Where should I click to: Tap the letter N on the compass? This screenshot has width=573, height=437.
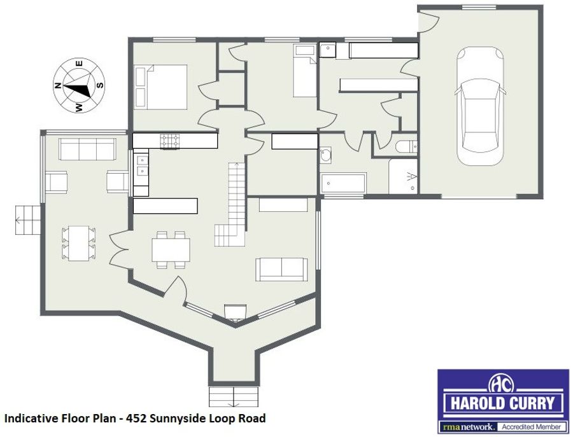point(57,86)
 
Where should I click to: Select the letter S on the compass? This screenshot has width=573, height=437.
point(100,85)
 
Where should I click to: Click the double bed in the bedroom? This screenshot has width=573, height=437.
point(161,87)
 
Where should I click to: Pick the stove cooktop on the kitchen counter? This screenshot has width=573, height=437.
point(170,141)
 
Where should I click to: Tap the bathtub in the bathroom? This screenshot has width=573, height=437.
point(343,184)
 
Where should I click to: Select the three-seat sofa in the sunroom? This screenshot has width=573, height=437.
point(88,149)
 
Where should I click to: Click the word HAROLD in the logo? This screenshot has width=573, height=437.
point(476,403)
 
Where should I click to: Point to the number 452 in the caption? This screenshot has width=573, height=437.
point(136,419)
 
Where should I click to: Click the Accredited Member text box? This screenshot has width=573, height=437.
point(532,427)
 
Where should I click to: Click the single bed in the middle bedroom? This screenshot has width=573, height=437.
point(305,71)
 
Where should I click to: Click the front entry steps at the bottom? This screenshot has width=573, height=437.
point(234,397)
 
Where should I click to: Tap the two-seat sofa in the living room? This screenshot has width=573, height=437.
point(281,270)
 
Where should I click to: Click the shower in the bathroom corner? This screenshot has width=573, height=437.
point(403,177)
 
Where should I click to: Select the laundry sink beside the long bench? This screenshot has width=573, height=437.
point(327,50)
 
